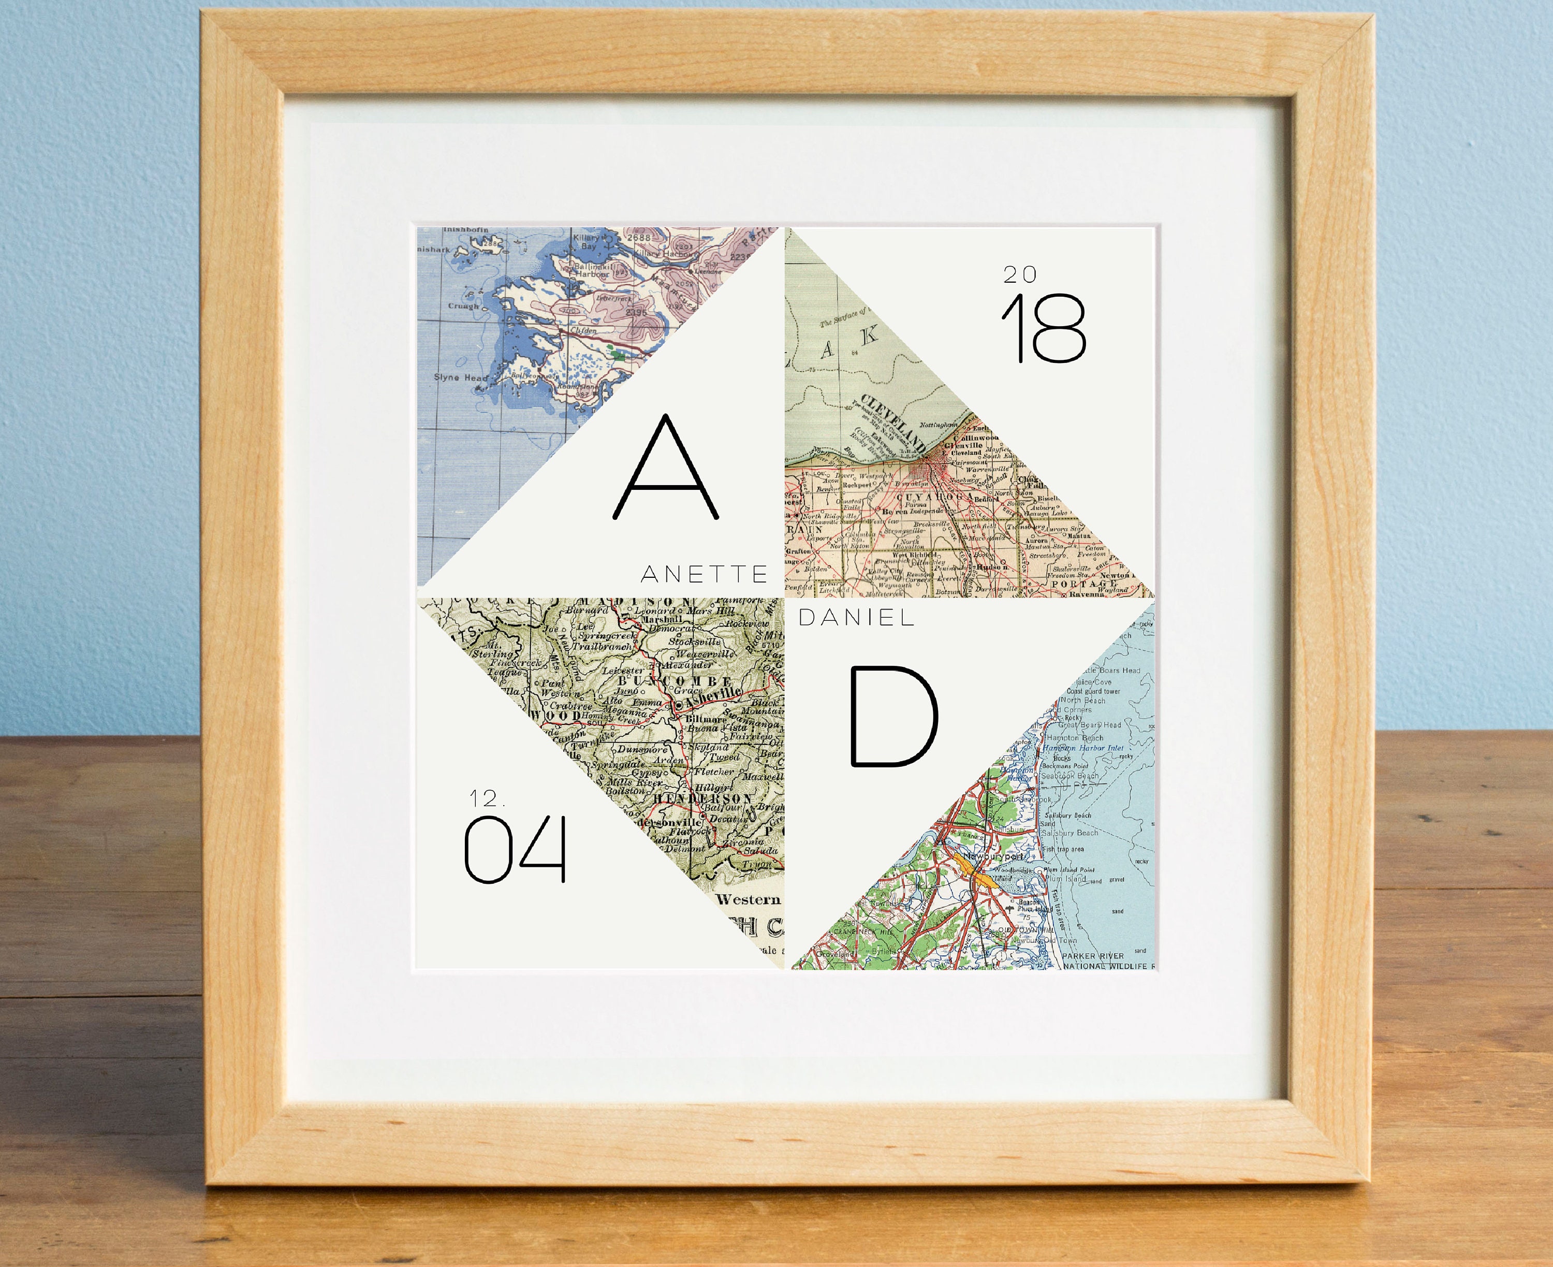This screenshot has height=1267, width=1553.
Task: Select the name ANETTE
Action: click(704, 574)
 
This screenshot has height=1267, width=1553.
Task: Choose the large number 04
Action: click(515, 850)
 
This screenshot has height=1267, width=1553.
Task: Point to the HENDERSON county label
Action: click(692, 799)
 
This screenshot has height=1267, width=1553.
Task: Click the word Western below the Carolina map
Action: click(749, 899)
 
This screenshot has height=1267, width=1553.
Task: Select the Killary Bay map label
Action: click(588, 242)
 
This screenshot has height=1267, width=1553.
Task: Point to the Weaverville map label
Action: click(705, 654)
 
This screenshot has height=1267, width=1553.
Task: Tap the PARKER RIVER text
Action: click(1092, 955)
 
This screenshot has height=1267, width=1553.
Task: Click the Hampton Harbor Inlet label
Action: click(1083, 747)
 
